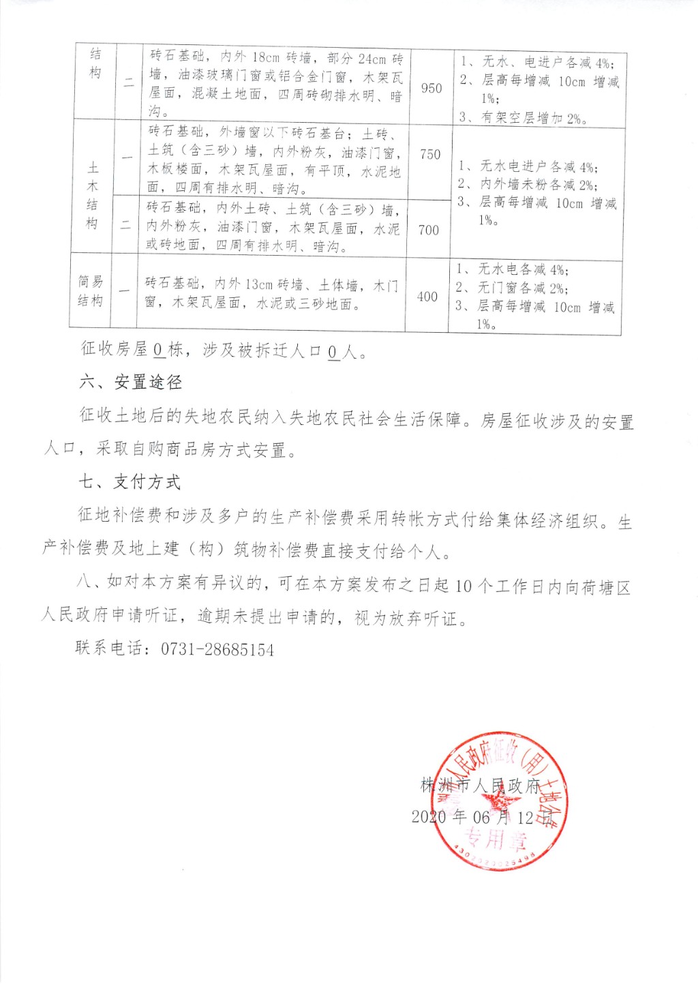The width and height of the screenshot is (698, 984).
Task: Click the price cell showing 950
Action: (431, 88)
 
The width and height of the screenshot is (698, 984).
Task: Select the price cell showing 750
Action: (430, 155)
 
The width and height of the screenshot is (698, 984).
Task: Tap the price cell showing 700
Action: (429, 230)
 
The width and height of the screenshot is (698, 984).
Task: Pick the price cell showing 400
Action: (427, 296)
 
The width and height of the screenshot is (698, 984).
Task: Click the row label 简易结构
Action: (91, 291)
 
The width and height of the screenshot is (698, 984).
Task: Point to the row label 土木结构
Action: (93, 195)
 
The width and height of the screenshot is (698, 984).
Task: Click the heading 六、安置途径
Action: (131, 382)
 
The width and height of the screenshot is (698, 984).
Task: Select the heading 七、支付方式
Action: (130, 482)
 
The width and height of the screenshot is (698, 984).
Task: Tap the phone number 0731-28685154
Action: (217, 650)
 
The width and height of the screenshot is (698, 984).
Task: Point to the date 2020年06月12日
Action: (481, 817)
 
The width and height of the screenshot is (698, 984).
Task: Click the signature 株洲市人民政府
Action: (481, 786)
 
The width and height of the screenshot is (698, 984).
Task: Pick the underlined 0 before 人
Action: (333, 353)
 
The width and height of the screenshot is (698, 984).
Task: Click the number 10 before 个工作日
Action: (463, 586)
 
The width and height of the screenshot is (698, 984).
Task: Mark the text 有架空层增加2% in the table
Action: (533, 118)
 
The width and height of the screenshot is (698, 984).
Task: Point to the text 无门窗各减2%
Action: (522, 288)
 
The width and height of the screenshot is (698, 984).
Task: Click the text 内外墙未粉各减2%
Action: (538, 184)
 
